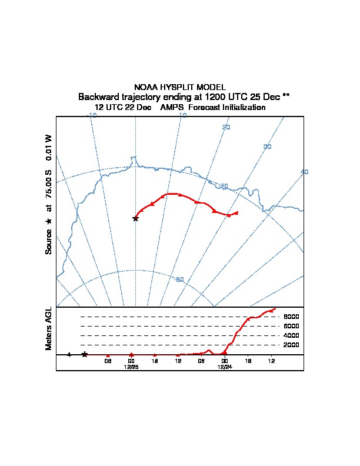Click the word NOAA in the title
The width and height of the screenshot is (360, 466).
tap(145, 87)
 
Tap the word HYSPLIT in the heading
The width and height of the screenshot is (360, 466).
tap(175, 87)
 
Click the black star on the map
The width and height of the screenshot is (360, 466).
tap(135, 218)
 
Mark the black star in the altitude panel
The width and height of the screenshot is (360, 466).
tap(85, 354)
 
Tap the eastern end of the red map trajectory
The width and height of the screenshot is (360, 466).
tap(237, 212)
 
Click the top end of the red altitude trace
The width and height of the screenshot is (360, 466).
tap(275, 309)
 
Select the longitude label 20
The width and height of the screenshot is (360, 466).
tap(226, 127)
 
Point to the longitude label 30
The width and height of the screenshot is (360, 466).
tap(267, 147)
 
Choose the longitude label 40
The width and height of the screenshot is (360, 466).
tap(304, 172)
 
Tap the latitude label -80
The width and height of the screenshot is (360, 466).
tap(180, 279)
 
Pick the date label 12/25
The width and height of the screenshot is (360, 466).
tap(131, 367)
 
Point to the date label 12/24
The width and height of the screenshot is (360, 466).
tap(224, 367)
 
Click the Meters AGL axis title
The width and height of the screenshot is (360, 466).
tap(49, 328)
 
